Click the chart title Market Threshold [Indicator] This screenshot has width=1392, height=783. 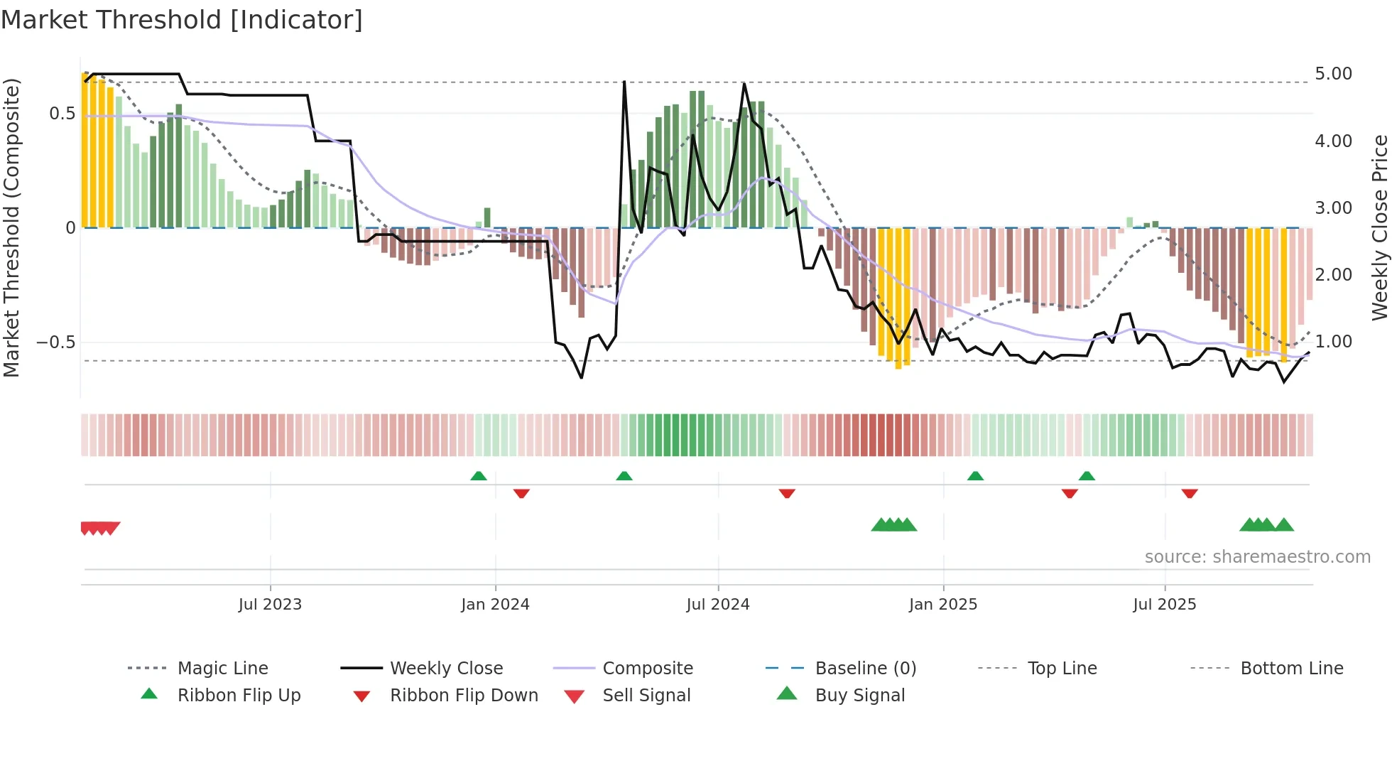coord(182,20)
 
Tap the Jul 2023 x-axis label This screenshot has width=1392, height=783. coord(270,605)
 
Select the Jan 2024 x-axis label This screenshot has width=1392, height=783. coord(495,605)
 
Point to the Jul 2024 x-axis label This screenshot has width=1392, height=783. coord(718,605)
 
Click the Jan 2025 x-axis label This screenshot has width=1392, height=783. coord(943,605)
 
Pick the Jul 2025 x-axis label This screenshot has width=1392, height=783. coord(1165,605)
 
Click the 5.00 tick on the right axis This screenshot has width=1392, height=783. coord(1333,74)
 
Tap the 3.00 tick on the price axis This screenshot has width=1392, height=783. coord(1333,208)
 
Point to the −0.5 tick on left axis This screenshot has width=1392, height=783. coord(56,342)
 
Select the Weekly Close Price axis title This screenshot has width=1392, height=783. coord(1379,227)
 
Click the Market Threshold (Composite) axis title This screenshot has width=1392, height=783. coord(11,227)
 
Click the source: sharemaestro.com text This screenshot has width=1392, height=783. coord(1257,557)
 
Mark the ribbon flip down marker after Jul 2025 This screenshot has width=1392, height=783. coord(1190,493)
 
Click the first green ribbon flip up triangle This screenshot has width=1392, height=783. coord(479,476)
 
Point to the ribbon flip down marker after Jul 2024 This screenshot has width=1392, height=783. coord(786,493)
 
